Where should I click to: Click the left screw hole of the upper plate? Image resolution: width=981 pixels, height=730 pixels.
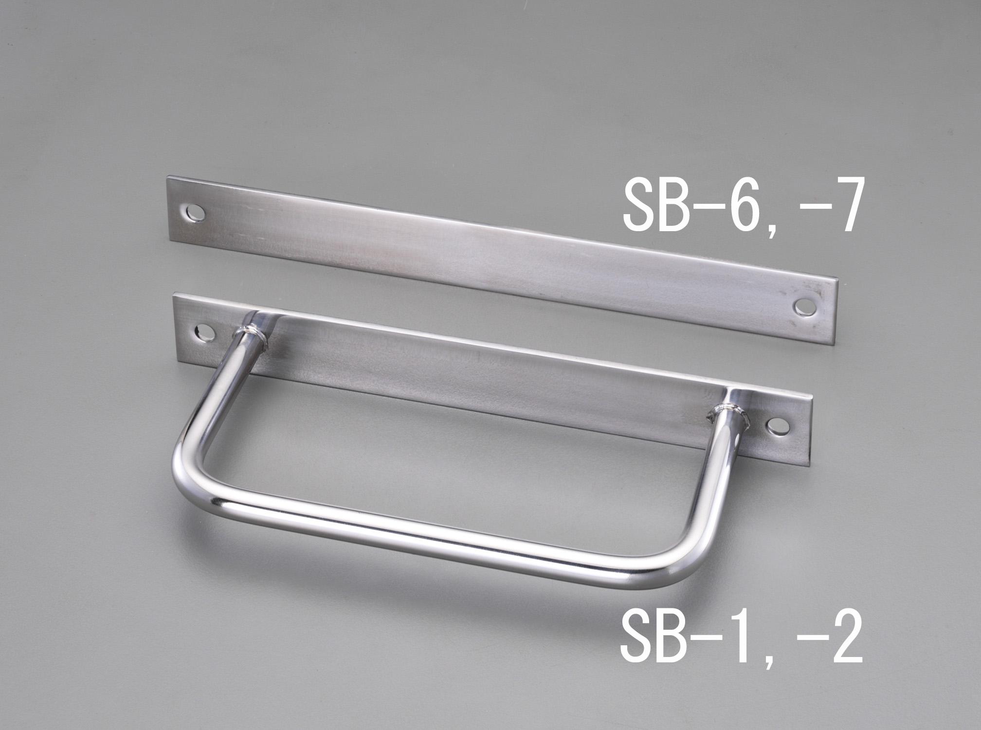[x=197, y=213]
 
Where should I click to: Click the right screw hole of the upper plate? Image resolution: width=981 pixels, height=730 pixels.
[x=803, y=306]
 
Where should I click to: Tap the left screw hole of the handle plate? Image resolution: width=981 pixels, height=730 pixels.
[x=205, y=332]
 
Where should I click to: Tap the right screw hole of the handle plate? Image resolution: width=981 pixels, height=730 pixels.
[x=778, y=426]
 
